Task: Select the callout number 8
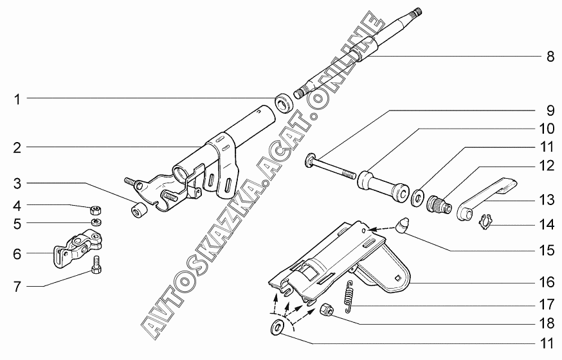(550, 57)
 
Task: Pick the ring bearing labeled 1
(282, 103)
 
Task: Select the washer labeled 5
(95, 222)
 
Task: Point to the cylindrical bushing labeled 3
(139, 210)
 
